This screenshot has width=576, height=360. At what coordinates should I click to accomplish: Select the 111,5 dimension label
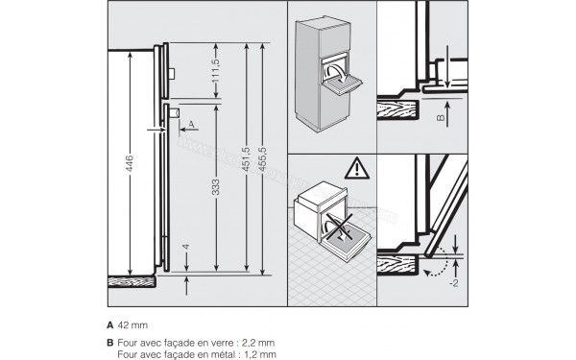216,70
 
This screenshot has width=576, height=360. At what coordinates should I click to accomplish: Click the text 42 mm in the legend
132,326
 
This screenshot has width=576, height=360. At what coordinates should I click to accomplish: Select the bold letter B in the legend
109,343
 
